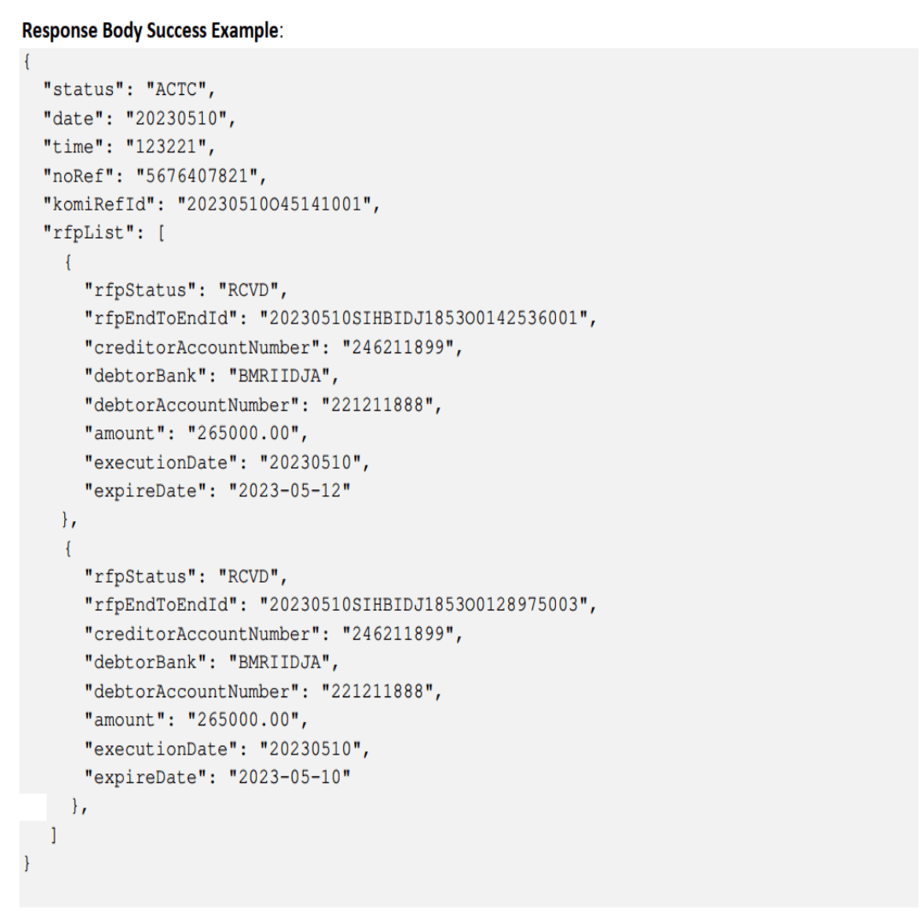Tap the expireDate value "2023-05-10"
pyautogui.click(x=287, y=778)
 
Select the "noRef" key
pyautogui.click(x=76, y=177)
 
